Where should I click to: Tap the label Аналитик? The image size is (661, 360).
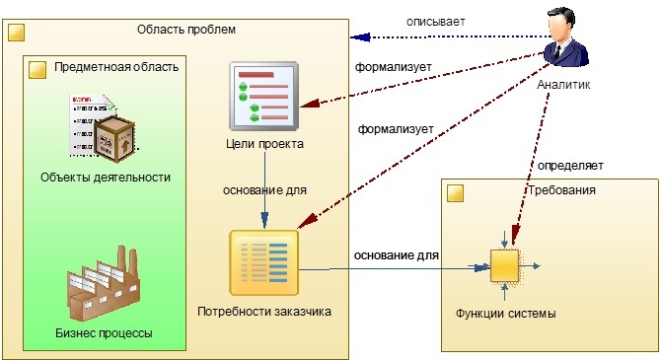click(564, 85)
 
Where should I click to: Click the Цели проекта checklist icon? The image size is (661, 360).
click(263, 96)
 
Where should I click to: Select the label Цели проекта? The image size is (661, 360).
click(263, 144)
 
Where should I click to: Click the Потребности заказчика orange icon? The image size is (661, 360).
click(263, 262)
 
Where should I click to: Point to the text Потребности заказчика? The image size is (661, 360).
click(263, 312)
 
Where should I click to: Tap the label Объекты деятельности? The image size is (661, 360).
click(106, 178)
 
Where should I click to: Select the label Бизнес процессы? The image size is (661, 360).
click(104, 332)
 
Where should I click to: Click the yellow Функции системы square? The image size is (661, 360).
click(504, 265)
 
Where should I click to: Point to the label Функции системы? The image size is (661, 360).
click(505, 314)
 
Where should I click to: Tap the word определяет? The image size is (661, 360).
click(569, 166)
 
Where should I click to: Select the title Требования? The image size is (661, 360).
click(561, 190)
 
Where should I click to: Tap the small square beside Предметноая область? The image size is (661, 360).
click(37, 70)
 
